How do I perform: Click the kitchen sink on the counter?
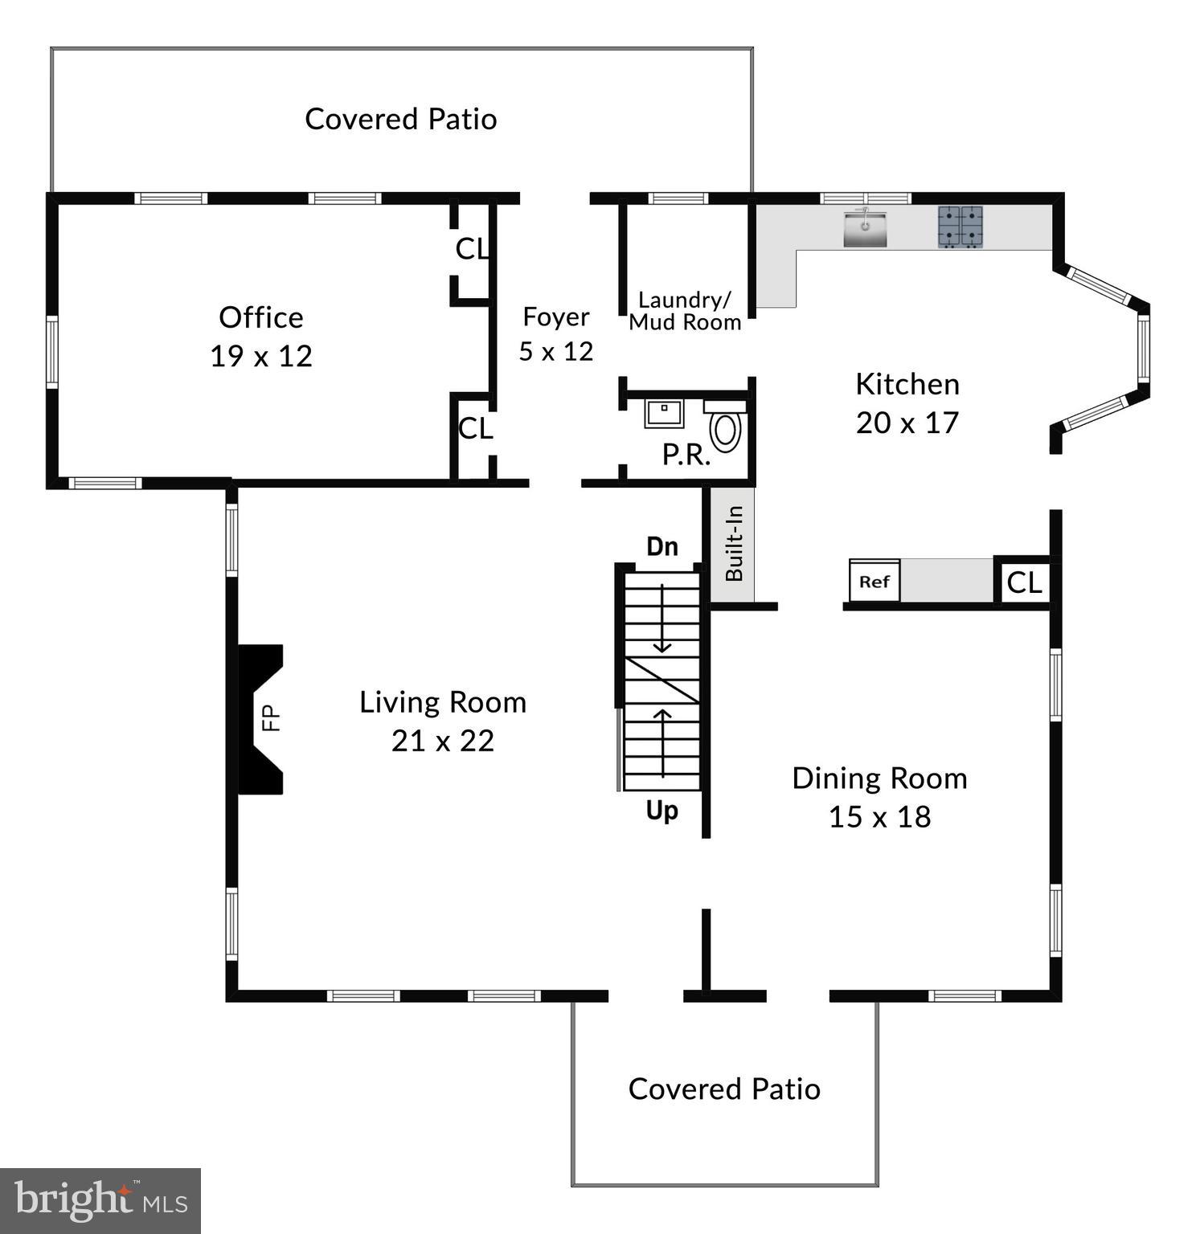[x=865, y=228]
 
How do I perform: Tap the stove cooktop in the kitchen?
[x=960, y=227]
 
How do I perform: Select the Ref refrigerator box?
[x=874, y=581]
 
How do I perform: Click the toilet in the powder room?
[x=726, y=429]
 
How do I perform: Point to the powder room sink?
[x=663, y=413]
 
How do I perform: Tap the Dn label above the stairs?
[x=662, y=546]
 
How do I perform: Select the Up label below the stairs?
[x=662, y=811]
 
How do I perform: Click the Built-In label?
[x=734, y=543]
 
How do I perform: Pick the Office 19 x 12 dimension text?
[x=261, y=356]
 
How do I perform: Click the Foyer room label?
[x=555, y=317]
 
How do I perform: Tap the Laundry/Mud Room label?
[x=685, y=311]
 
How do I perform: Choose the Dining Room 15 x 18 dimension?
[x=879, y=817]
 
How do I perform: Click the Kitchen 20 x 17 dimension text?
[x=907, y=423]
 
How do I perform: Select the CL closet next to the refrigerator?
[x=1024, y=582]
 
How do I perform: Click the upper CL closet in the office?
[x=472, y=249]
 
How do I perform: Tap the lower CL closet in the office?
[x=475, y=428]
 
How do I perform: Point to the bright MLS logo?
[x=100, y=1201]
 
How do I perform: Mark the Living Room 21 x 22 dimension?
[x=443, y=741]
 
